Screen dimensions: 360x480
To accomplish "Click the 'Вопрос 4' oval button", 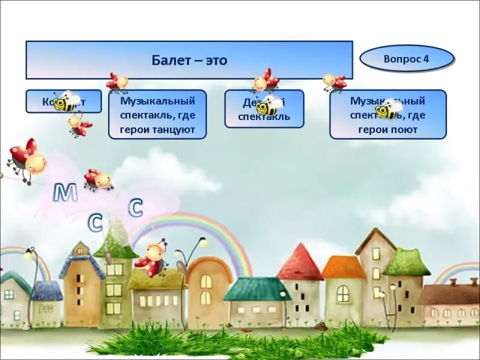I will (x=406, y=59).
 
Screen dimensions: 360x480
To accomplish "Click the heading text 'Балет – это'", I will (x=189, y=60).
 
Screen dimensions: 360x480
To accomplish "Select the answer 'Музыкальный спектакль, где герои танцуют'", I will (x=157, y=115).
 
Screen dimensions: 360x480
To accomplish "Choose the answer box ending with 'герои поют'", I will (x=388, y=115).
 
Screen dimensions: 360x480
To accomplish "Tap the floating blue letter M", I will (x=65, y=193).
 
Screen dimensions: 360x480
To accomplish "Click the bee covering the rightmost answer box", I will (x=388, y=110).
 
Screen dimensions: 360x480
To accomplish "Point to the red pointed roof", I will (x=300, y=263).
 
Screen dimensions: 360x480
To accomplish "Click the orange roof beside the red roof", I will (x=343, y=267).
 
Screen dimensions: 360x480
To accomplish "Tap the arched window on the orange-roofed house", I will (x=343, y=293).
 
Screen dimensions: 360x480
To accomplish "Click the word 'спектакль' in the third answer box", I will (x=264, y=117).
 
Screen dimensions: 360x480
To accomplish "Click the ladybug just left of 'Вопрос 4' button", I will (x=334, y=82).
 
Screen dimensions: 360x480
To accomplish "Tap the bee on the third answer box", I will (x=269, y=106).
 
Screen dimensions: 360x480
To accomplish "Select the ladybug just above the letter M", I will (x=98, y=179).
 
